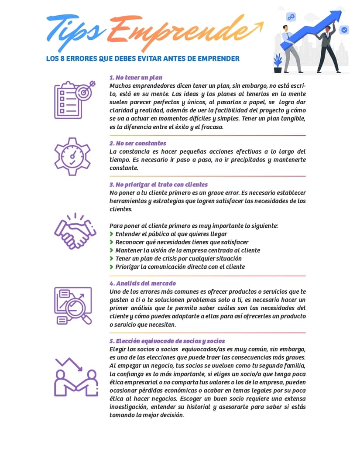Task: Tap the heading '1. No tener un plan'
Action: (x=136, y=78)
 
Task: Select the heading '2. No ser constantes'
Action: (x=137, y=143)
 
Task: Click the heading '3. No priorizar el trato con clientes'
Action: (x=158, y=185)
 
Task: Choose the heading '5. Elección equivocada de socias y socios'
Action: (x=167, y=341)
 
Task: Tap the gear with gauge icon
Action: (x=72, y=156)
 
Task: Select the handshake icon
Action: (x=74, y=231)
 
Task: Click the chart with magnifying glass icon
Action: (x=73, y=305)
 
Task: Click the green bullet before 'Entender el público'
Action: (x=112, y=234)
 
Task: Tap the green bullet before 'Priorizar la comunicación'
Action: (x=112, y=267)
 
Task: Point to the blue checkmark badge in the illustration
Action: (x=344, y=30)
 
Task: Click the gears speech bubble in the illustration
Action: (x=291, y=17)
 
